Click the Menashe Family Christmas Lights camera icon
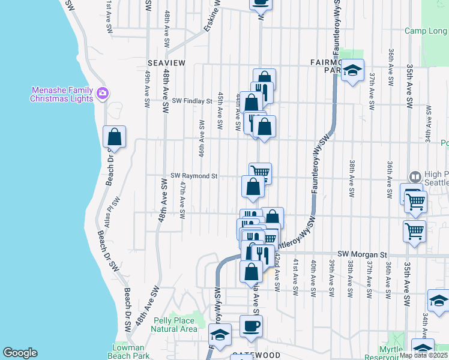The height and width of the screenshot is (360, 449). point(102,93)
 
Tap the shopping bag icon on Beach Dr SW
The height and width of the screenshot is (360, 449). point(114,137)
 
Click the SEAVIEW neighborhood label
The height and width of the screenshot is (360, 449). point(166,62)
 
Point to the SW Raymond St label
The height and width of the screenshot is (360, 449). point(193,176)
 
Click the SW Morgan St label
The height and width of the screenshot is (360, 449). point(360,254)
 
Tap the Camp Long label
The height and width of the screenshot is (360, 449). point(425,31)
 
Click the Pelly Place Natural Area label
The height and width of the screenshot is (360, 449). point(174,325)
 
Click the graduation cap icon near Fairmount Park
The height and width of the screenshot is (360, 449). point(353,70)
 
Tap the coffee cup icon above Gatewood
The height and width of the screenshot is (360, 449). point(251,326)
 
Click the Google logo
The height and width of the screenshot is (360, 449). point(20,353)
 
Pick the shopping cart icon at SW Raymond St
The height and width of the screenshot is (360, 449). point(260,173)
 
